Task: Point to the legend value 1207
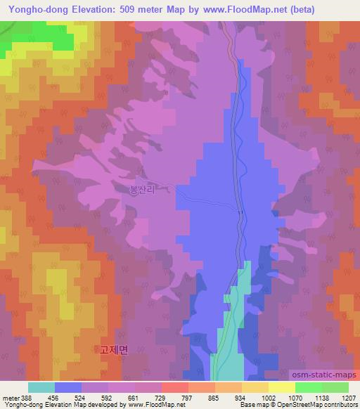click(x=349, y=397)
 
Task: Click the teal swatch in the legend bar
click(x=41, y=387)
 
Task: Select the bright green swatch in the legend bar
click(x=308, y=387)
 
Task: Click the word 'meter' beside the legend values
click(x=11, y=397)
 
